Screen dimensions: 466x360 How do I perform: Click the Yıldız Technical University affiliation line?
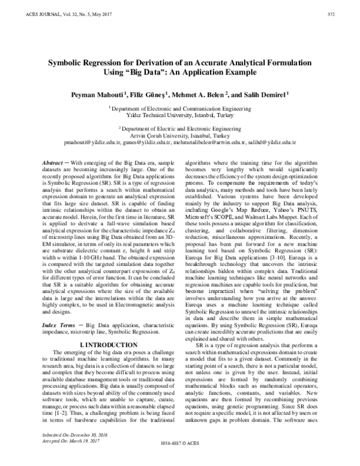tap(179, 114)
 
